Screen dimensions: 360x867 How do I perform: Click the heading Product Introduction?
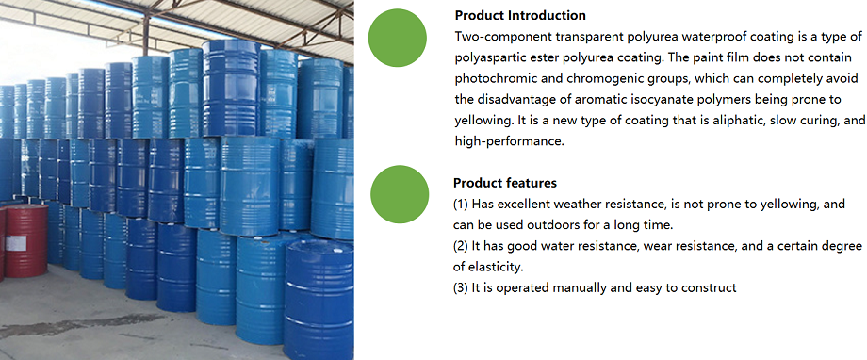[519, 16]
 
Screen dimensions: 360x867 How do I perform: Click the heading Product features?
[505, 183]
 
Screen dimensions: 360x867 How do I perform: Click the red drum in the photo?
[25, 242]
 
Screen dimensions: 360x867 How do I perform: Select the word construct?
[707, 286]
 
